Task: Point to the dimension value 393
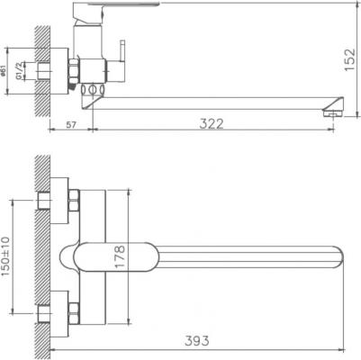pyautogui.click(x=197, y=340)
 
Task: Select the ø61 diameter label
pyautogui.click(x=6, y=74)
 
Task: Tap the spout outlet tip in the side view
pyautogui.click(x=332, y=112)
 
